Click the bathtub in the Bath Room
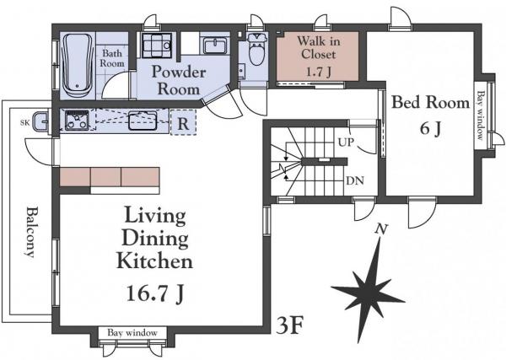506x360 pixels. click(78, 66)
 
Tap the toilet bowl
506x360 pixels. click(256, 50)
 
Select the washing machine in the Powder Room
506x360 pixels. click(157, 46)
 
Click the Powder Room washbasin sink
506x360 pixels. click(215, 46)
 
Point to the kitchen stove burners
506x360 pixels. click(77, 120)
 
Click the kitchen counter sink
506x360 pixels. click(143, 121)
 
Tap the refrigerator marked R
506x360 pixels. click(183, 122)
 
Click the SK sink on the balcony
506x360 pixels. click(40, 121)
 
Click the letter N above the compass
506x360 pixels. click(381, 229)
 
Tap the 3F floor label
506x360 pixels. click(290, 325)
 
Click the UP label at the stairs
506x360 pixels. click(346, 142)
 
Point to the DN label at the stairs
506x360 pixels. click(355, 180)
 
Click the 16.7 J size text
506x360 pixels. click(155, 293)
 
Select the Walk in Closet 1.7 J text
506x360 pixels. click(318, 56)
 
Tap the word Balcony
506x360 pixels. click(30, 232)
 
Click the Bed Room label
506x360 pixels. click(430, 103)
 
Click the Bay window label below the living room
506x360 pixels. click(132, 333)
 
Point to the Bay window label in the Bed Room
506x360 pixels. click(481, 116)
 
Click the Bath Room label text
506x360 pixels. click(112, 58)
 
